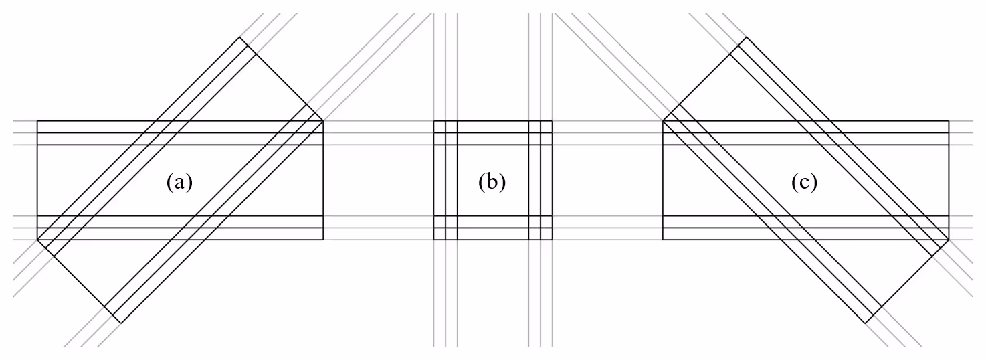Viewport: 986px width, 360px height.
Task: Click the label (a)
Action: pyautogui.click(x=179, y=182)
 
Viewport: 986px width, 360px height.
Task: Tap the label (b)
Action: pyautogui.click(x=492, y=182)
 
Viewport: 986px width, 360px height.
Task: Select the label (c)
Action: pyautogui.click(x=805, y=182)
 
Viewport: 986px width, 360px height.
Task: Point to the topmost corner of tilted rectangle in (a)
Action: pyautogui.click(x=240, y=37)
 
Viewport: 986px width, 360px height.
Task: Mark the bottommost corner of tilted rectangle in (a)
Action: pyautogui.click(x=120, y=323)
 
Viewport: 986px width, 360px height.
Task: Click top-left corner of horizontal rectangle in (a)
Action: pyautogui.click(x=37, y=120)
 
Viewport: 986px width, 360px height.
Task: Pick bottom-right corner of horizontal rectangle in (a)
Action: pyautogui.click(x=323, y=240)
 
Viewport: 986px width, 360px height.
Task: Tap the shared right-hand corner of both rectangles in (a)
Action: pyautogui.click(x=323, y=120)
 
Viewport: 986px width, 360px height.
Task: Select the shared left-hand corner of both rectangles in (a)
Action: pyautogui.click(x=37, y=240)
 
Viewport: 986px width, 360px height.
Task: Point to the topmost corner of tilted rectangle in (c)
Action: pyautogui.click(x=747, y=37)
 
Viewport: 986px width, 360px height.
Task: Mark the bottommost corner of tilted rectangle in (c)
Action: pyautogui.click(x=866, y=323)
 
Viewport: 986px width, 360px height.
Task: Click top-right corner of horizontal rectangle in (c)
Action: pyautogui.click(x=949, y=120)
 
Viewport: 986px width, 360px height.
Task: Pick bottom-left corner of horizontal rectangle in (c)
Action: pyautogui.click(x=663, y=240)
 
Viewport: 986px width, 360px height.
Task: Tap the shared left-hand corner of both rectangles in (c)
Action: pyautogui.click(x=663, y=120)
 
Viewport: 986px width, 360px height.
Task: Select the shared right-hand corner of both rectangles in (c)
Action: pyautogui.click(x=949, y=240)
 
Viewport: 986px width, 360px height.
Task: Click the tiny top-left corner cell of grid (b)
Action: pyautogui.click(x=439, y=126)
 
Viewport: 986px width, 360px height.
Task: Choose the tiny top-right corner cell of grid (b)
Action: pyautogui.click(x=547, y=126)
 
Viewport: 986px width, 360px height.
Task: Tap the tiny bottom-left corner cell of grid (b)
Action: pyautogui.click(x=439, y=234)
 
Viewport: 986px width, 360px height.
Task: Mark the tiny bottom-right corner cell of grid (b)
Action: pyautogui.click(x=547, y=234)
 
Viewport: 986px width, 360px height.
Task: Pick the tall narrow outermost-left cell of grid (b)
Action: pyautogui.click(x=439, y=180)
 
